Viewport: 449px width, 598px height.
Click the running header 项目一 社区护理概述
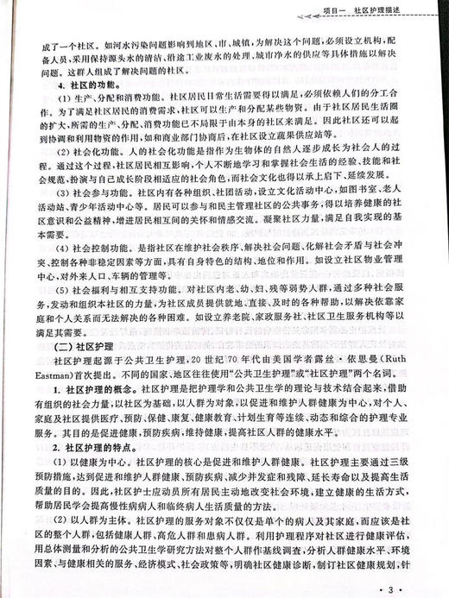(381, 10)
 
